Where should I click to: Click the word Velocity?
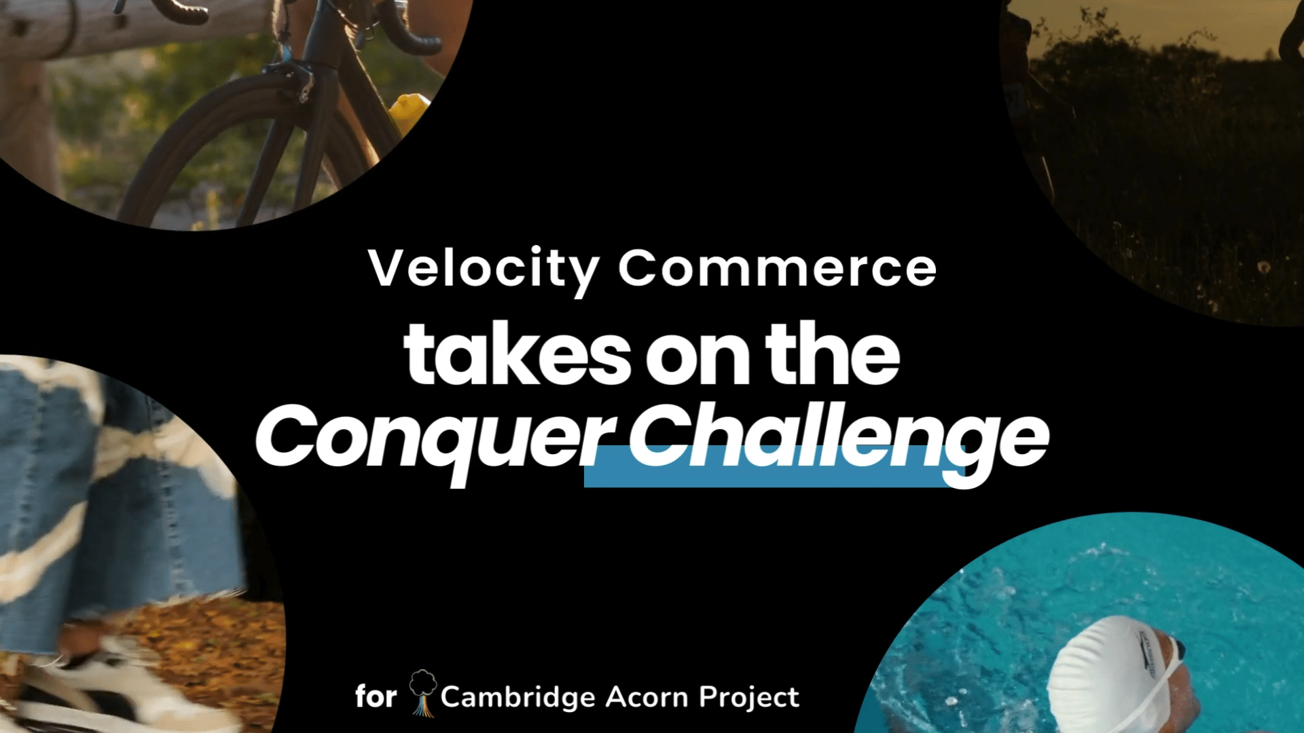484,270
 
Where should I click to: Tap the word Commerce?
778,268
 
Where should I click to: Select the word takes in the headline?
518,354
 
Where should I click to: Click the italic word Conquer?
435,438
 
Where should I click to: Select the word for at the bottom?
376,696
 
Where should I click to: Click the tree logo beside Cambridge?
422,693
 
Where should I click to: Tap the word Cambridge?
518,697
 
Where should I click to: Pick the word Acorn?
646,697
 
